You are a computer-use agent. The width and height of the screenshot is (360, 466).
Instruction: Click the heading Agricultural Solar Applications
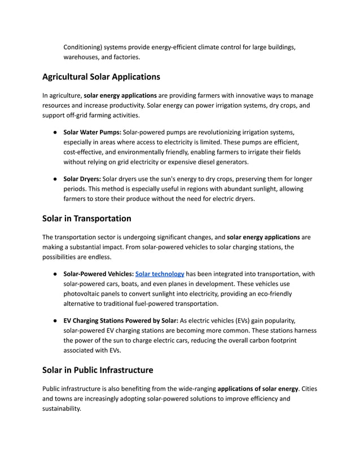101,76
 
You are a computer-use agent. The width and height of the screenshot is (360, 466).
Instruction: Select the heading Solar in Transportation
86,218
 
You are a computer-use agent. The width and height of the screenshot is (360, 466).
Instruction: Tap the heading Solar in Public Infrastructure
98,370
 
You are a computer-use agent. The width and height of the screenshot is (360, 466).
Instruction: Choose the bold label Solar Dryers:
82,179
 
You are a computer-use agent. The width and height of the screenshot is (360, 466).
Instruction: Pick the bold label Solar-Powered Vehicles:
98,274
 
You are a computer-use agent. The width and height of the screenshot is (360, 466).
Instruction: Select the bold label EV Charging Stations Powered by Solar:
121,321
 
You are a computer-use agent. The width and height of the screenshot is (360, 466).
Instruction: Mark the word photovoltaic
85,294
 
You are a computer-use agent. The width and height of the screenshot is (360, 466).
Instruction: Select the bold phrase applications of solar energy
257,389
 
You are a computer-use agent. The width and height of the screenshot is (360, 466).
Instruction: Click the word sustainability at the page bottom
61,409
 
